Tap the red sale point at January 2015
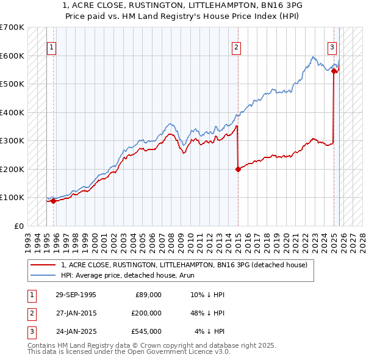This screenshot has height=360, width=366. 238,169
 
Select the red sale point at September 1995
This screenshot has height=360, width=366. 54,201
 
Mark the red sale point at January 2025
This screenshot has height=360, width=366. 334,71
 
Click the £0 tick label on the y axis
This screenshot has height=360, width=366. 20,226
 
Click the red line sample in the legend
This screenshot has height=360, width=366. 43,265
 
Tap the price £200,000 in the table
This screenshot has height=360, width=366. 146,313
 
